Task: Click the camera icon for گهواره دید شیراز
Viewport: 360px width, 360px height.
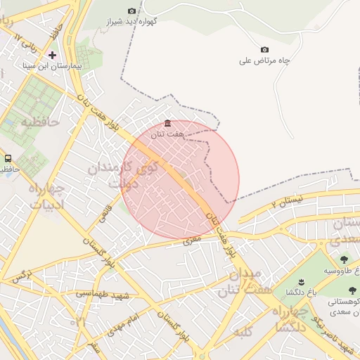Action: click(131, 11)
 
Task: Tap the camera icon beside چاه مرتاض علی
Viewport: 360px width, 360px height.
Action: click(264, 49)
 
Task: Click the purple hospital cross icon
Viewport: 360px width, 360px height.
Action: click(53, 54)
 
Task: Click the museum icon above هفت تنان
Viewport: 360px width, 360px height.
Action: click(167, 124)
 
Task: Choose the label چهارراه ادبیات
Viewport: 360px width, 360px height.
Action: click(46, 196)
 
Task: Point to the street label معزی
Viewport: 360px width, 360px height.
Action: click(192, 240)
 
